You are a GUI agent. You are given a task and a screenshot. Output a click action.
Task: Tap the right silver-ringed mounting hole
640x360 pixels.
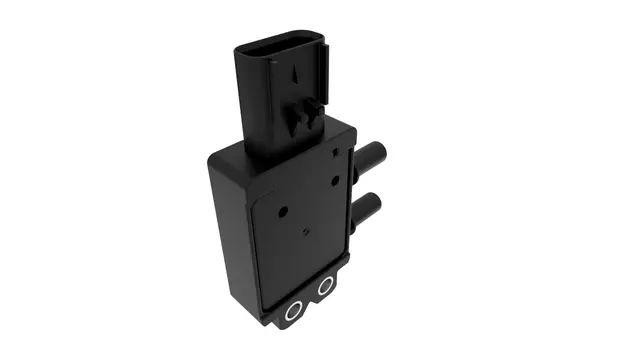point(325,287)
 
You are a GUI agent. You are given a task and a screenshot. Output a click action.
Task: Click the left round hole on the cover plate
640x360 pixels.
point(283,212)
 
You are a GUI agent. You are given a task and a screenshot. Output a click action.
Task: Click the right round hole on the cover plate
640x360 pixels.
point(336,181)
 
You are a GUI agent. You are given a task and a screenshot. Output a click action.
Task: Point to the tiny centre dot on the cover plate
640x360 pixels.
point(306,232)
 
